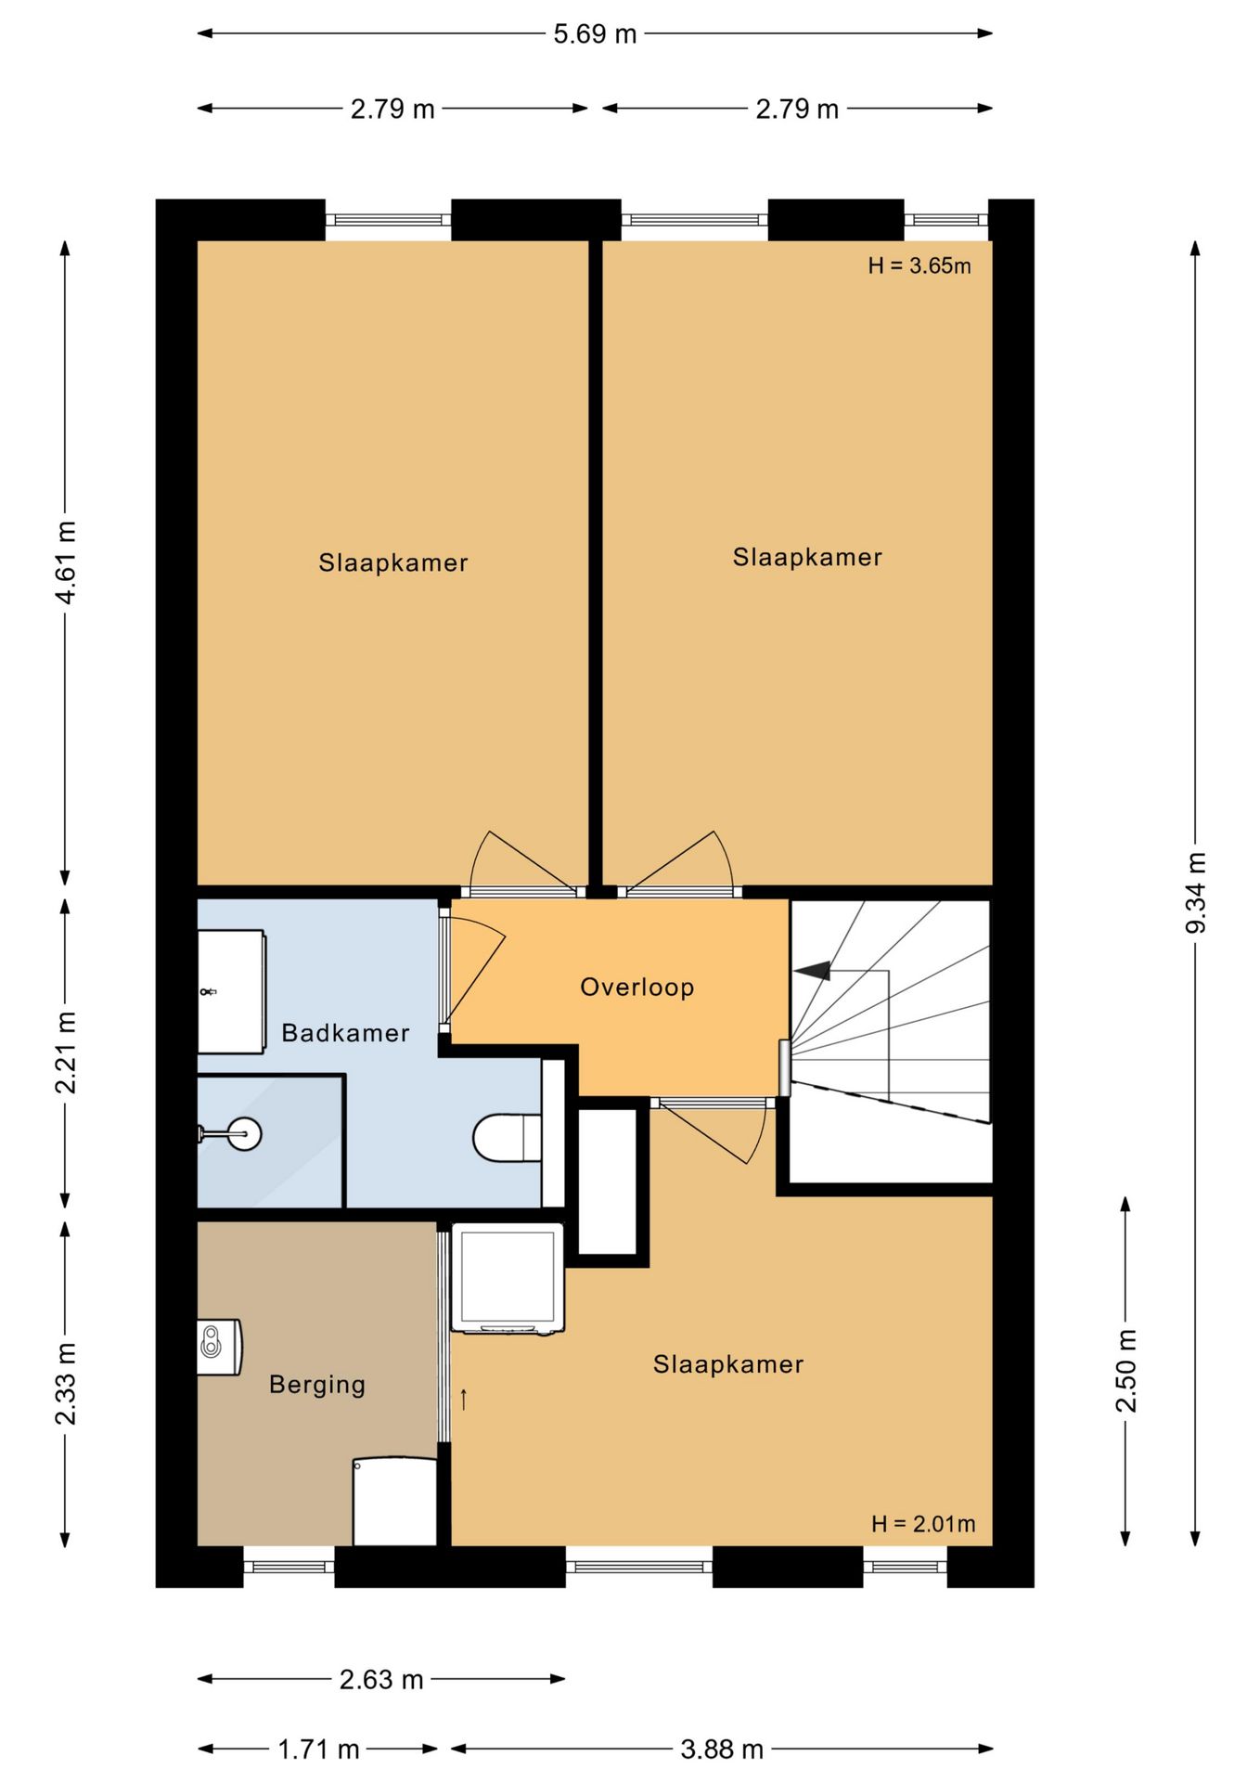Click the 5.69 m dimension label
[595, 34]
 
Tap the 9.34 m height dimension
[1196, 893]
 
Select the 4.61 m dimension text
[65, 562]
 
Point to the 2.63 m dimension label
[381, 1679]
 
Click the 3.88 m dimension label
[722, 1750]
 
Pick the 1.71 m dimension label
[318, 1750]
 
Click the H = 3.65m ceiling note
[919, 265]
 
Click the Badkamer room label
[345, 1033]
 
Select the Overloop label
[637, 987]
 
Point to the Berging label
[317, 1386]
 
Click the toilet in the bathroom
[507, 1138]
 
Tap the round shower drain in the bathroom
[245, 1133]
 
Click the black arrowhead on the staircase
[813, 971]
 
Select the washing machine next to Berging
[508, 1280]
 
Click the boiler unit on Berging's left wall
[220, 1347]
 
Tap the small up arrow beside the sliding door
[464, 1399]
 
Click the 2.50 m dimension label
[1125, 1371]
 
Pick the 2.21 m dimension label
[65, 1052]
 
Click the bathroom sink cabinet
[232, 992]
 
